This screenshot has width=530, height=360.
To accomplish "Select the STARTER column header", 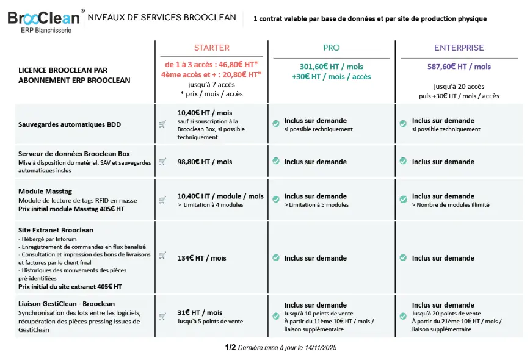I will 211,48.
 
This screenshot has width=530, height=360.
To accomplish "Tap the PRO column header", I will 331,48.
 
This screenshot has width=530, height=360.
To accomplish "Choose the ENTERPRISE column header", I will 459,48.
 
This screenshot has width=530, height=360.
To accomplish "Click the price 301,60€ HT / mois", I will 332,67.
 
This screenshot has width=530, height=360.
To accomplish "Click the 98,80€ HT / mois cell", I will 205,162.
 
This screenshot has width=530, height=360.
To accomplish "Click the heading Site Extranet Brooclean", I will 56,230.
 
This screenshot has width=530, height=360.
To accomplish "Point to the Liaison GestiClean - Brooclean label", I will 67,303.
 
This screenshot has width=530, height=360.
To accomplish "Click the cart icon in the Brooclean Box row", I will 162,162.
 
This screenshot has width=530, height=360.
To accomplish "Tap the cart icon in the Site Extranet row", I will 162,255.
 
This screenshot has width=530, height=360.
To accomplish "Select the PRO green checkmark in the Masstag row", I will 276,199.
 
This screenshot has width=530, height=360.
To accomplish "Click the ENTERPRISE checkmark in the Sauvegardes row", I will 403,124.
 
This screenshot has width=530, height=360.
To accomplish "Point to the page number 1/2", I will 230,347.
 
